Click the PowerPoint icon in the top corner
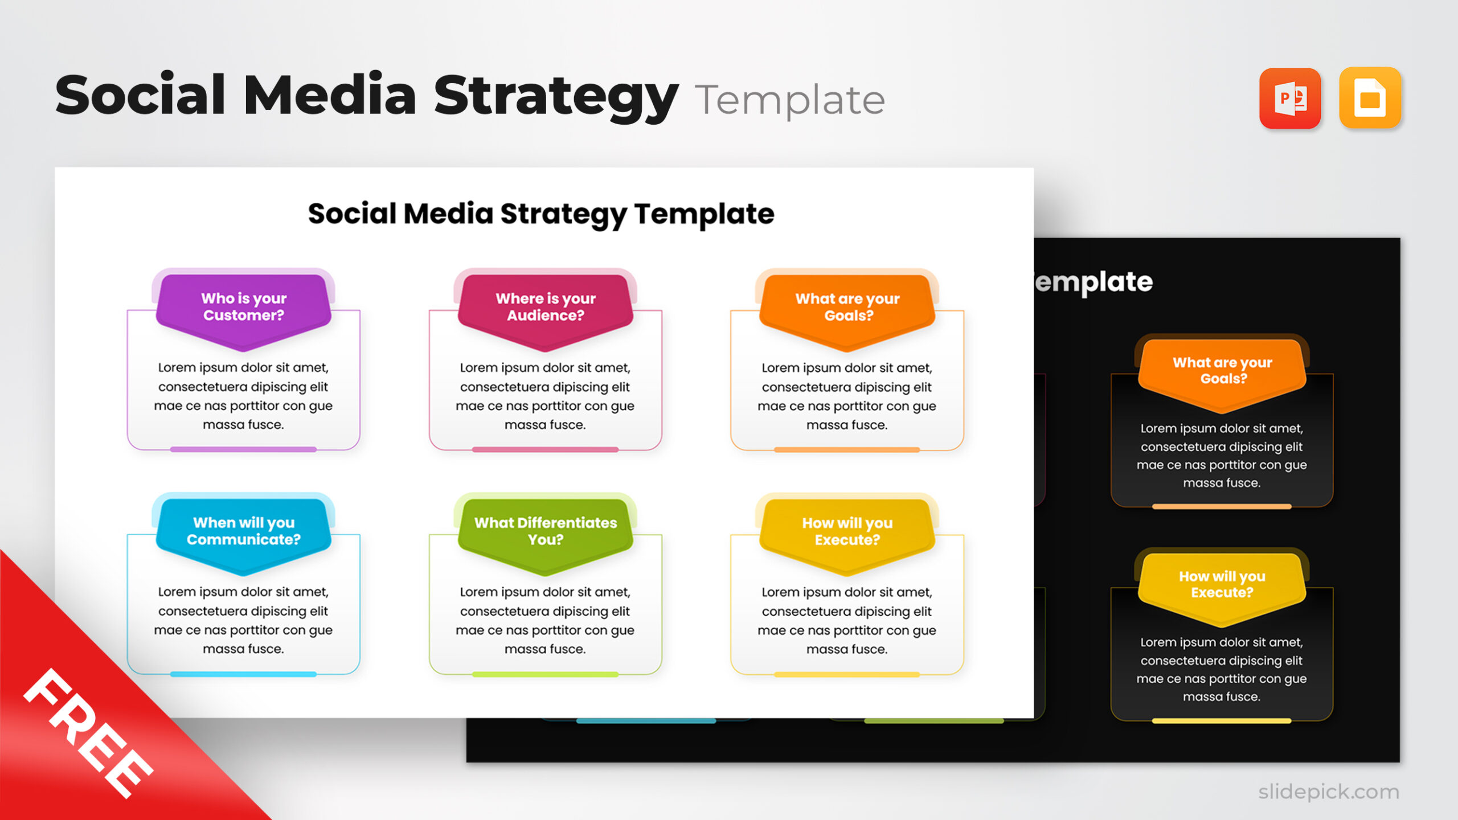[1289, 99]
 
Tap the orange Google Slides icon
[1370, 99]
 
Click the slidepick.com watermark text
[1328, 792]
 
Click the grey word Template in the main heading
[789, 100]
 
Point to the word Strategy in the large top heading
[556, 96]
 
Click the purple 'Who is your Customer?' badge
[244, 307]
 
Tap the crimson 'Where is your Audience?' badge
[546, 307]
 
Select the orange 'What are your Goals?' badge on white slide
[847, 307]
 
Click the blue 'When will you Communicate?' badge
[244, 532]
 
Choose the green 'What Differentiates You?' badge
[546, 532]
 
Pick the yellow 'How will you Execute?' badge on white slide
[847, 532]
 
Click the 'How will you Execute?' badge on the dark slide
[1222, 585]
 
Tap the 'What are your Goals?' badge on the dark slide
[1222, 371]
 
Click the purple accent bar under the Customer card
[243, 449]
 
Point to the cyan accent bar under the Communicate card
[243, 674]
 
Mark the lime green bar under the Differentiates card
[545, 674]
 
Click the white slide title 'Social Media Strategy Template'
[541, 214]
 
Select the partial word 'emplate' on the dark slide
[1093, 282]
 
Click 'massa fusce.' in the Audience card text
[545, 425]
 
